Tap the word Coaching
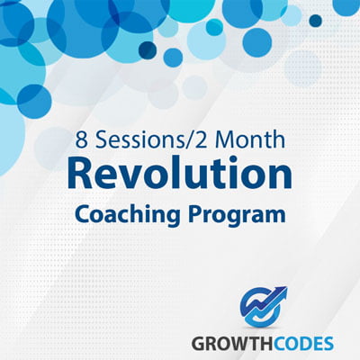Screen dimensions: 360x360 click(129, 214)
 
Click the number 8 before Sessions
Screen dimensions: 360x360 click(81, 140)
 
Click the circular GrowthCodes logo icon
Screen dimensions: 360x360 click(260, 309)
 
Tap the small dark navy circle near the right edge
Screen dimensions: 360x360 click(316, 21)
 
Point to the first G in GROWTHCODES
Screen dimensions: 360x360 click(198, 344)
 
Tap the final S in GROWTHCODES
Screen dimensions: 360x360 click(328, 344)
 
